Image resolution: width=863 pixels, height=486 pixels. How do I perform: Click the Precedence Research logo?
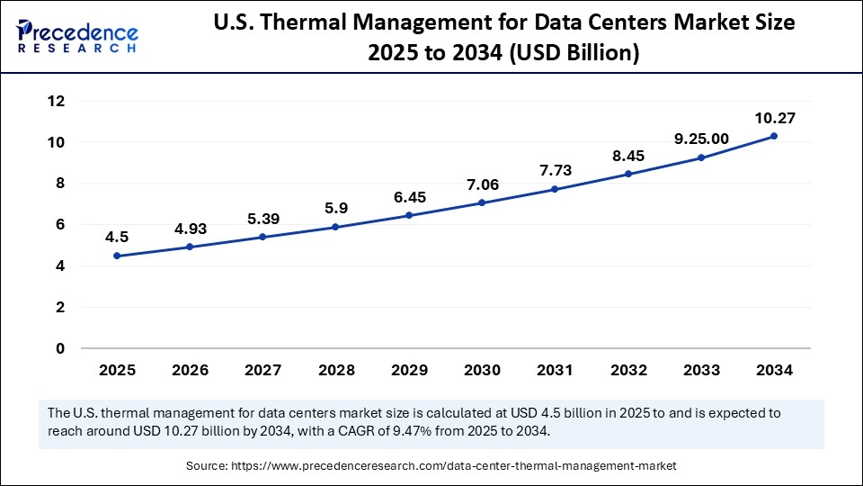tap(77, 35)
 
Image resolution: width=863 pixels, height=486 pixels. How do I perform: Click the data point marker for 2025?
tap(117, 256)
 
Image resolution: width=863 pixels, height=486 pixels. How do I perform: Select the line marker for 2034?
tap(774, 136)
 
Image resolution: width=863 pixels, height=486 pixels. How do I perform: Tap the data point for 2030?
tap(482, 202)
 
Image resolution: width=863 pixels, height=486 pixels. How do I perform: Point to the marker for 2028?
tap(335, 227)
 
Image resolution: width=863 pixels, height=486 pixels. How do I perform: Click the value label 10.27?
tap(774, 117)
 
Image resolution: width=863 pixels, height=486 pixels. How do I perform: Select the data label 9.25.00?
tap(701, 139)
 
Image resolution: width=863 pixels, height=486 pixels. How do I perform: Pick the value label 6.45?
tap(409, 196)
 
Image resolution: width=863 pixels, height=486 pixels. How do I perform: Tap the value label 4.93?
tap(190, 228)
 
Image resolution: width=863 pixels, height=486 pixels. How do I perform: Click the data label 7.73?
tap(555, 170)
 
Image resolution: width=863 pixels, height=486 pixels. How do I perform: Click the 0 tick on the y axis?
tap(60, 348)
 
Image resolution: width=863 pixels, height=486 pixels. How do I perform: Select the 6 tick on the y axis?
tap(60, 224)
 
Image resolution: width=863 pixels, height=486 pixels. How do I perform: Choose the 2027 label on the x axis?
tap(262, 370)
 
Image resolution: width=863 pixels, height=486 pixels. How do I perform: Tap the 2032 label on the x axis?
tap(627, 370)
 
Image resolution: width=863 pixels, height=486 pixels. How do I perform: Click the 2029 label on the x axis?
tap(409, 370)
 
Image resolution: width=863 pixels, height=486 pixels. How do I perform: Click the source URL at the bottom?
tap(457, 466)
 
